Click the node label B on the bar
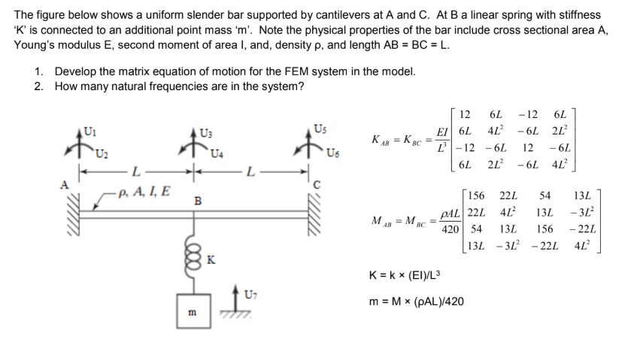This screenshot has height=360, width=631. tap(197, 201)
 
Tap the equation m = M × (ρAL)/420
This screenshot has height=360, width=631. tap(416, 301)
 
